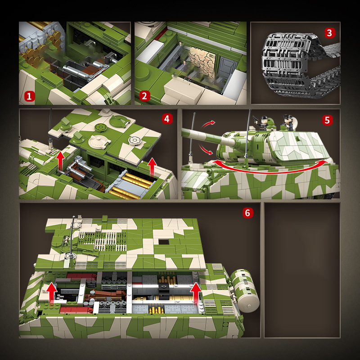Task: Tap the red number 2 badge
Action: pyautogui.click(x=145, y=96)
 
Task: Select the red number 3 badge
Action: pyautogui.click(x=329, y=32)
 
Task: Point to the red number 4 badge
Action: pyautogui.click(x=167, y=119)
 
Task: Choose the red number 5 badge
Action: pyautogui.click(x=327, y=120)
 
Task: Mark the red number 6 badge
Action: pyautogui.click(x=247, y=213)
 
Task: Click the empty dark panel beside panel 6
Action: pyautogui.click(x=302, y=270)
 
